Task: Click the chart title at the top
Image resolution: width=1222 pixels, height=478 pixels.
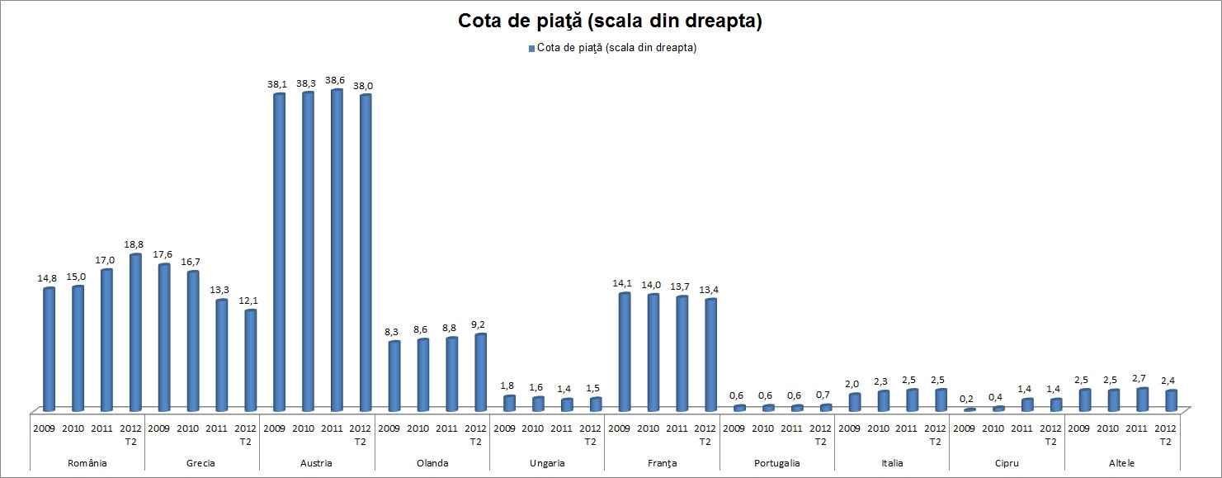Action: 610,21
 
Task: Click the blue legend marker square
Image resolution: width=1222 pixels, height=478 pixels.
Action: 531,48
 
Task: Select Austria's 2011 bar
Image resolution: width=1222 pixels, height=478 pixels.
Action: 337,248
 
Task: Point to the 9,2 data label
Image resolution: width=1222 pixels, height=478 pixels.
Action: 480,324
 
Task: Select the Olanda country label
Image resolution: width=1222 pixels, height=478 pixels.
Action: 432,463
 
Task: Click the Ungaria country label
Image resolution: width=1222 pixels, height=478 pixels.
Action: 547,463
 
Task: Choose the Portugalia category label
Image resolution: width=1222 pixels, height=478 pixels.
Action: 776,463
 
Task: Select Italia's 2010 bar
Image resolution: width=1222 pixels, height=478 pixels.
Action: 884,400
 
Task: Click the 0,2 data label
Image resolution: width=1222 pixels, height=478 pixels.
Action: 970,400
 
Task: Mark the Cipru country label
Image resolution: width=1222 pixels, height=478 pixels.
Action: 1007,463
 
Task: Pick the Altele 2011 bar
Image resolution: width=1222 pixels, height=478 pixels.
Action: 1142,399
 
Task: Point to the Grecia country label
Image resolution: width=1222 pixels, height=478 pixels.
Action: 202,463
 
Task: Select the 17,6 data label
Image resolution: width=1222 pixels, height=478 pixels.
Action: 164,255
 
